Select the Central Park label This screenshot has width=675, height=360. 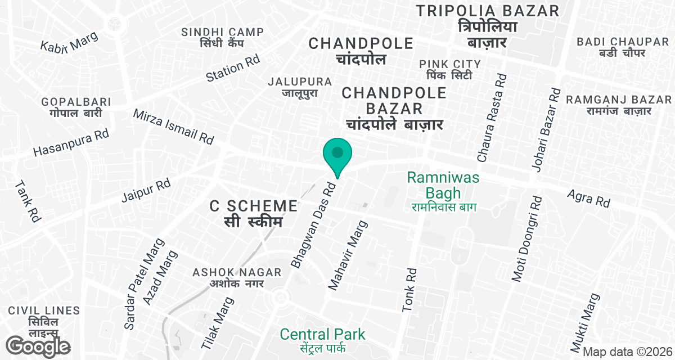[323, 334]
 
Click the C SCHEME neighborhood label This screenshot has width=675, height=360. [254, 206]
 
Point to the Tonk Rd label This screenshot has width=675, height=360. [409, 290]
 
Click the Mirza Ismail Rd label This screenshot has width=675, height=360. [173, 125]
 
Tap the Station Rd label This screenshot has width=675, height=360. [232, 69]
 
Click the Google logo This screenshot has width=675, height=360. [38, 346]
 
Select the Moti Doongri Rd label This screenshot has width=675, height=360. [526, 238]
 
